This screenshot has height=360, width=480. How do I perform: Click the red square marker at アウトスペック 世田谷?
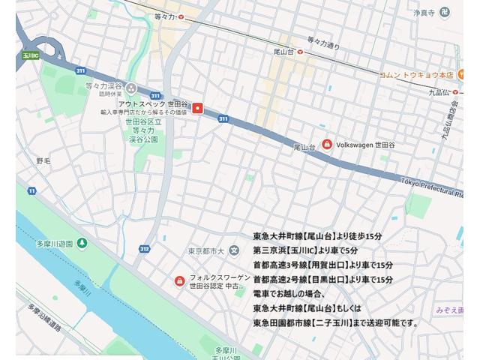point(198,108)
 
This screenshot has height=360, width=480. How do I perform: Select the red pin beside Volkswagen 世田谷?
point(327,144)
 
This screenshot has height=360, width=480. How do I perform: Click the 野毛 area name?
point(43,160)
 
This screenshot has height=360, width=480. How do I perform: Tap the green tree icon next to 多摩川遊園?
point(82,244)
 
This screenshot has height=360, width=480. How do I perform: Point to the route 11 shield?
point(31,191)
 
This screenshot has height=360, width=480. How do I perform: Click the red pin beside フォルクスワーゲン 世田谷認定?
point(179,281)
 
